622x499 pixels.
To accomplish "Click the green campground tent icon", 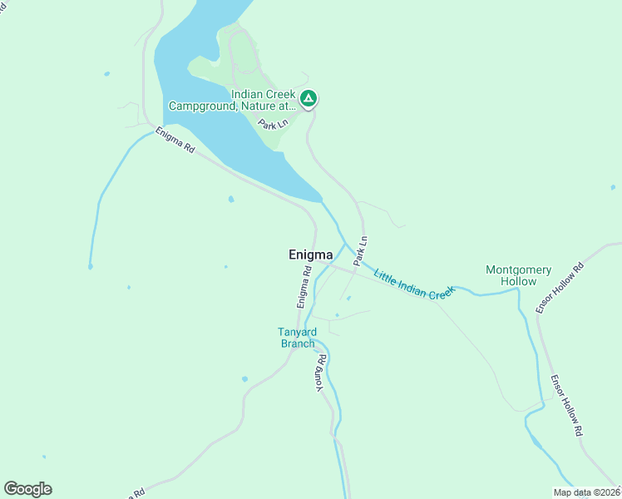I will [x=309, y=100].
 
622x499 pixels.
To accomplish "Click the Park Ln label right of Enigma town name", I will [x=361, y=251].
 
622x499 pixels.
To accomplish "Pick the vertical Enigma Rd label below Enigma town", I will [x=305, y=284].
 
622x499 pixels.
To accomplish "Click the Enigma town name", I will [x=310, y=254].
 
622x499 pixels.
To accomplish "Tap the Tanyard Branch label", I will [x=297, y=338].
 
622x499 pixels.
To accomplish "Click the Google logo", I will [x=27, y=489].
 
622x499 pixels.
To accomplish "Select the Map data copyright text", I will [x=586, y=492].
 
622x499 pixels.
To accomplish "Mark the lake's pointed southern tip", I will [x=319, y=200].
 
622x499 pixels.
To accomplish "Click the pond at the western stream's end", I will [x=90, y=267].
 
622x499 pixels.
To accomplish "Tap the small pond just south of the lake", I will [x=231, y=200].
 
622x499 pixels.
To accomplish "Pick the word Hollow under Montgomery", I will [x=518, y=282].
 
